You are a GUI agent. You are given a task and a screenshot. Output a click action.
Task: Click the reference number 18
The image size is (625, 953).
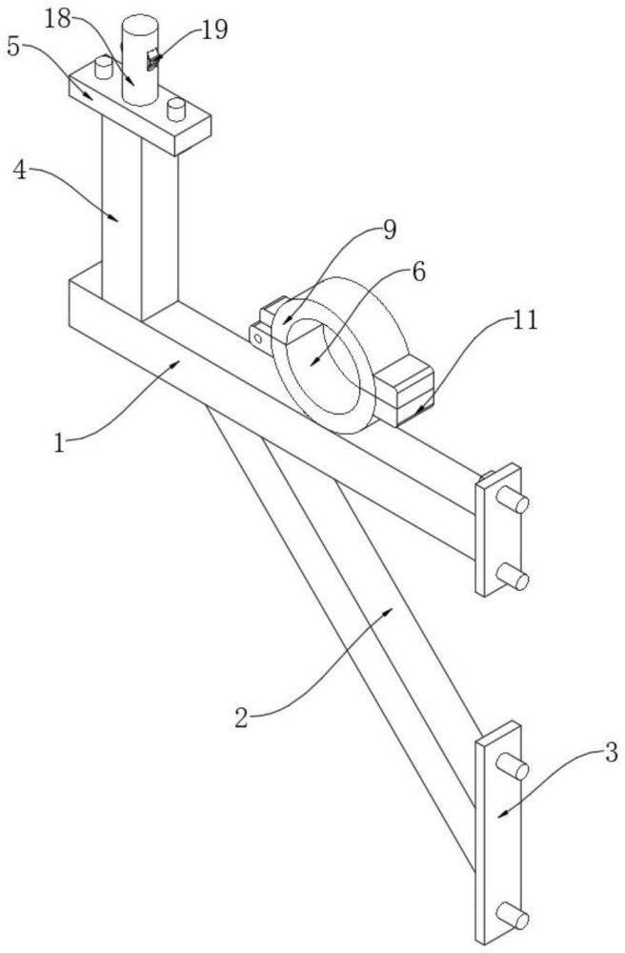coord(58,19)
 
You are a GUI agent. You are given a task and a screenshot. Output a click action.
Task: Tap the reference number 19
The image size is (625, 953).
coord(214,30)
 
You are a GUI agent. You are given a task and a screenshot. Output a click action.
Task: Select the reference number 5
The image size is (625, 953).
coord(13,46)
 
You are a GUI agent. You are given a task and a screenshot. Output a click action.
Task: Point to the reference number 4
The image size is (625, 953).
coord(20,171)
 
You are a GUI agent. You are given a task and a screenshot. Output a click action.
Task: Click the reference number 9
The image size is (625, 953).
coord(390,230)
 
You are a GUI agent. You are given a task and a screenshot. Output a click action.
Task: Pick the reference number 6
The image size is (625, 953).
coord(418,272)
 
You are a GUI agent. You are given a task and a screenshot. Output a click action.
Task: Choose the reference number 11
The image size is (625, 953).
coord(525,319)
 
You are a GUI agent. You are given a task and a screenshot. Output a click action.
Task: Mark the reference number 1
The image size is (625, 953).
coord(59,443)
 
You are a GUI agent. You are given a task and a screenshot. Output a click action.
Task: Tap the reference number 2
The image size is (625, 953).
coord(242,719)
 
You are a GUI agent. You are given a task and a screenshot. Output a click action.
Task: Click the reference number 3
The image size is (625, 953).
coord(611,753)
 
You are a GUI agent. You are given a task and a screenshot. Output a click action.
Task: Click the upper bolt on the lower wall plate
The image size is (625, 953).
coord(513,766)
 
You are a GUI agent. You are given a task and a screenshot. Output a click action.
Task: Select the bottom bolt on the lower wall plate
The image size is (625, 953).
coord(513,915)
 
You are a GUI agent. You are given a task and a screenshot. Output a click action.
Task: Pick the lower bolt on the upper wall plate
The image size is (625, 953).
coord(513,577)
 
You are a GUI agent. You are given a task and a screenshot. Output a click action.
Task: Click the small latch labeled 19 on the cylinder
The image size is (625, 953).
coord(153,60)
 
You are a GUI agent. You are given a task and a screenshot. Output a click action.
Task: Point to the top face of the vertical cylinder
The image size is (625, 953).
coord(140,25)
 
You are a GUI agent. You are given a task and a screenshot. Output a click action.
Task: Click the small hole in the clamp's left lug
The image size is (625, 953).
coord(258,339)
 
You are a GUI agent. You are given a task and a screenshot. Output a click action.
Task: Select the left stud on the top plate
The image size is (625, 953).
coord(104,67)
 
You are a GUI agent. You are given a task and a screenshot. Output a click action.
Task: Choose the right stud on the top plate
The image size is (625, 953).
coord(176,110)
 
